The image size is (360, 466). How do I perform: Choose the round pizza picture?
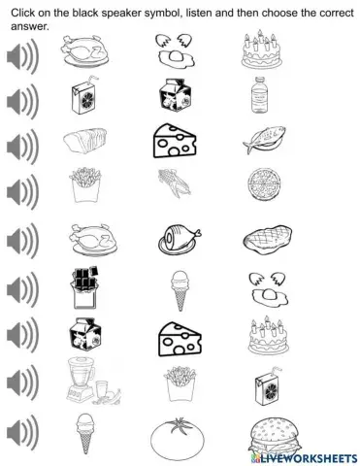tap(258, 184)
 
